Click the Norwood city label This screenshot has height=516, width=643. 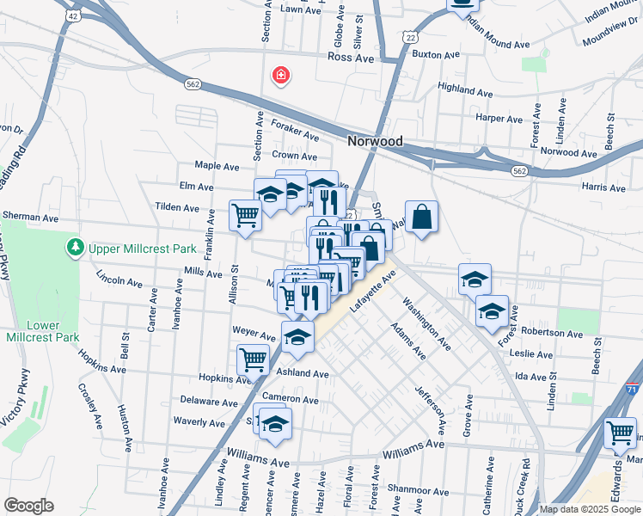[376, 140]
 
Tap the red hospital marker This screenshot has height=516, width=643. [280, 77]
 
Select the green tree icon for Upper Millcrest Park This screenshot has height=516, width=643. [76, 249]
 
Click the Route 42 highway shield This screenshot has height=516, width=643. [72, 15]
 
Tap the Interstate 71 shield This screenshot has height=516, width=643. [634, 390]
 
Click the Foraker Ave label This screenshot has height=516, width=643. [295, 131]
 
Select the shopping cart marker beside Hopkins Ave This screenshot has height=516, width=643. [253, 359]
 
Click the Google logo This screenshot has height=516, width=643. [28, 505]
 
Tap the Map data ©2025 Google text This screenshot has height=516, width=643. [590, 509]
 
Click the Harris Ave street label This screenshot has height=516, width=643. [603, 187]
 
